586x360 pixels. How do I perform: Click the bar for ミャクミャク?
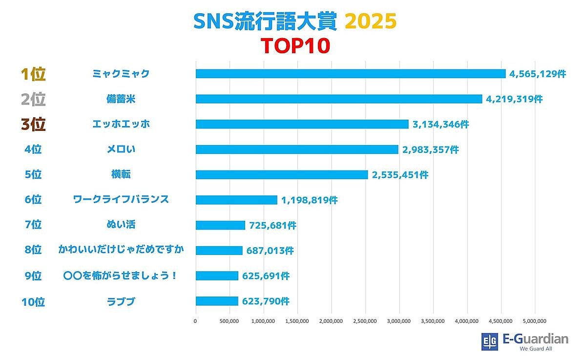click(351, 74)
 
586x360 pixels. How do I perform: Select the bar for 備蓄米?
click(339, 99)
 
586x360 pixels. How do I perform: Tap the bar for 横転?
click(282, 174)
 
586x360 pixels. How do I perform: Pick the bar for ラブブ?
click(217, 301)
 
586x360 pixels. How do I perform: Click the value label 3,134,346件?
click(440, 125)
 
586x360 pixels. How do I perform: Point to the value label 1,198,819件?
click(309, 200)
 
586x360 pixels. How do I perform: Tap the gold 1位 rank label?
click(33, 74)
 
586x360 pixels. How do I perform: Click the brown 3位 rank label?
click(33, 125)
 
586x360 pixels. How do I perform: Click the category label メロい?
click(121, 149)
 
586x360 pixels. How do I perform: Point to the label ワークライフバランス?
click(121, 200)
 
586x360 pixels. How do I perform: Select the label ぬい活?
click(121, 225)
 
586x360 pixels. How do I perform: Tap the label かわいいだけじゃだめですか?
click(121, 251)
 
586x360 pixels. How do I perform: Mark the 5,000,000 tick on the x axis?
click(535, 321)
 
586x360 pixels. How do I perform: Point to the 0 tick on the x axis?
click(196, 321)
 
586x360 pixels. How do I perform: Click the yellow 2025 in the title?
click(370, 21)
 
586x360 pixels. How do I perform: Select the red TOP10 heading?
click(295, 46)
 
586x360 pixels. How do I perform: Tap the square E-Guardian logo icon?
click(489, 340)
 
